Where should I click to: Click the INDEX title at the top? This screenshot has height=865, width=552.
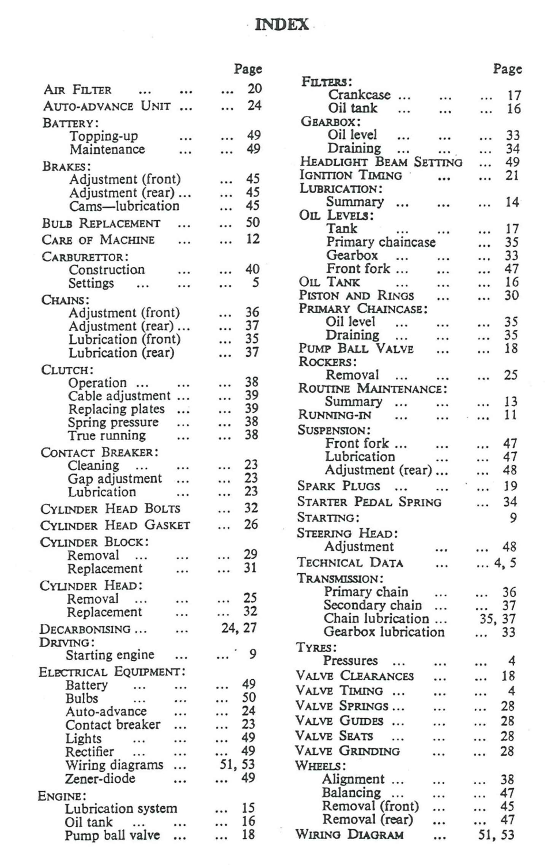point(282,25)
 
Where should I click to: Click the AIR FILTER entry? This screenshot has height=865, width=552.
point(78,90)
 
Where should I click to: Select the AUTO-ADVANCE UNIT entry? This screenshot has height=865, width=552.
point(107,106)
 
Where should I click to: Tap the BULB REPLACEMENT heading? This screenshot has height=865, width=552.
point(101,223)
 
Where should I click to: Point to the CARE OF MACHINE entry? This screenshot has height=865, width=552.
point(98,240)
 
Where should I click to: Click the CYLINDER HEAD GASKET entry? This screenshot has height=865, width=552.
point(115,525)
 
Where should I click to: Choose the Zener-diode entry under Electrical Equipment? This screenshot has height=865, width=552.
point(100,778)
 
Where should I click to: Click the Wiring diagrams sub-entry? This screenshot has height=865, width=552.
point(114,765)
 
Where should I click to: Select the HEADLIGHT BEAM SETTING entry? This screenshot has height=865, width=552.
point(381,162)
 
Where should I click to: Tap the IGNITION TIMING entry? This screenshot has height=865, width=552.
point(350,175)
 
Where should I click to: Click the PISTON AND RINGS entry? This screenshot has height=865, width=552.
point(356,295)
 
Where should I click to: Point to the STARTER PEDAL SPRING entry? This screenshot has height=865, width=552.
point(369,502)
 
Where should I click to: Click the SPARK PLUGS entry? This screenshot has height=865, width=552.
point(338,486)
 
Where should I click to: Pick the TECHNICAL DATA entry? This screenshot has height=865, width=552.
point(350,563)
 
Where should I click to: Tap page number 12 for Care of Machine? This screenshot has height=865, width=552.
point(253,239)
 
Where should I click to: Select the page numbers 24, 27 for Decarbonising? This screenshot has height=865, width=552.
point(239,627)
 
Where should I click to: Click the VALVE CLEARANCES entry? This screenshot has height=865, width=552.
point(354,676)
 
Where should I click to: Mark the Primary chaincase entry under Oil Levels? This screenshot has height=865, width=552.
point(380,242)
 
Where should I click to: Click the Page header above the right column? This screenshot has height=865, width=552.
point(507,69)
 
